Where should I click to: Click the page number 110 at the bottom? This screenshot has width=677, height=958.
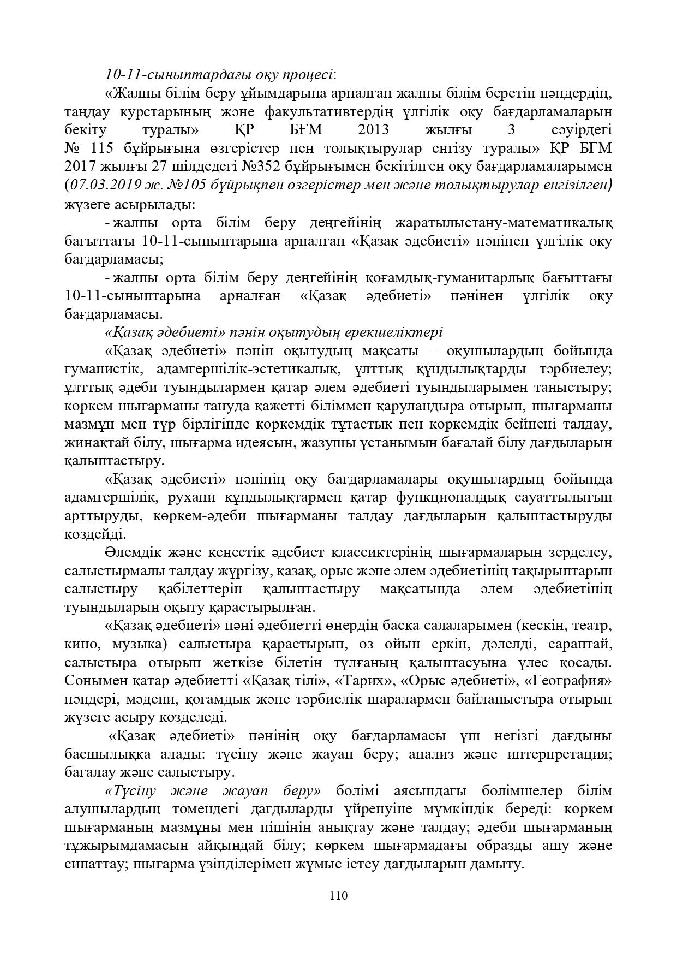pos(338,896)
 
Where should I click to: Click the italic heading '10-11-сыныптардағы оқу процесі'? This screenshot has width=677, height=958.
pos(220,75)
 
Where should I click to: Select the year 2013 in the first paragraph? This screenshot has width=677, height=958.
pos(374,130)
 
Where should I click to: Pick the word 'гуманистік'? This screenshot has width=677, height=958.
pos(101,370)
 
